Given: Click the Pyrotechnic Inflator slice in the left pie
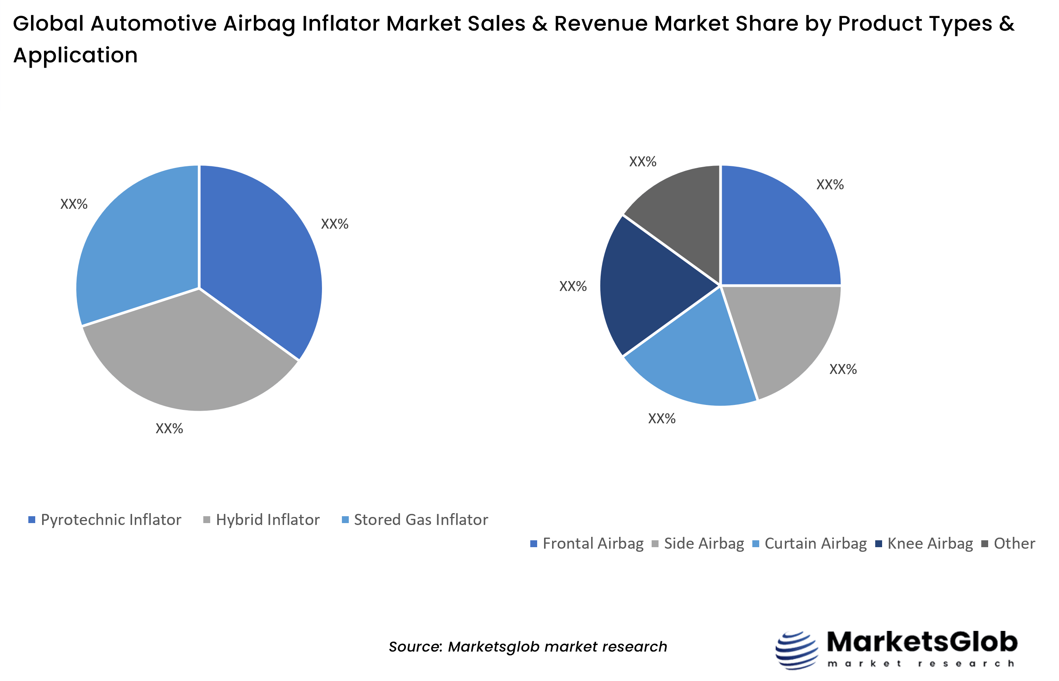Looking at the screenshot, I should [x=257, y=257].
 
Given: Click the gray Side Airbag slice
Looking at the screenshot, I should [x=788, y=336].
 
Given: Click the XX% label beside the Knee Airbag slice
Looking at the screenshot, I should [x=573, y=286].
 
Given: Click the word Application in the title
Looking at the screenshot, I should [x=76, y=56].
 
